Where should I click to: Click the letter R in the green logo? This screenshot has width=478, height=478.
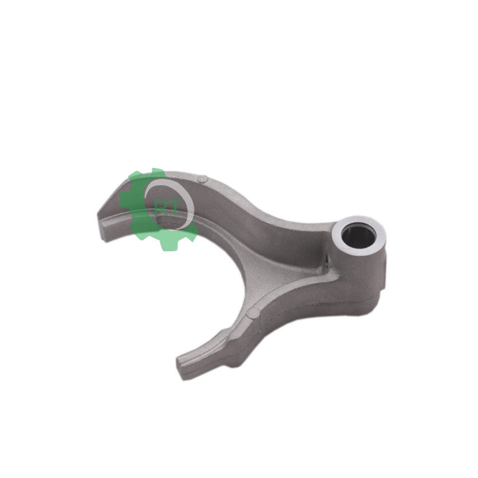pos(161,209)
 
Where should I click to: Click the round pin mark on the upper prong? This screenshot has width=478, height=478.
pos(203,179)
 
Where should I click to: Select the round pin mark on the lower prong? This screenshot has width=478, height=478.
pos(254,312)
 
